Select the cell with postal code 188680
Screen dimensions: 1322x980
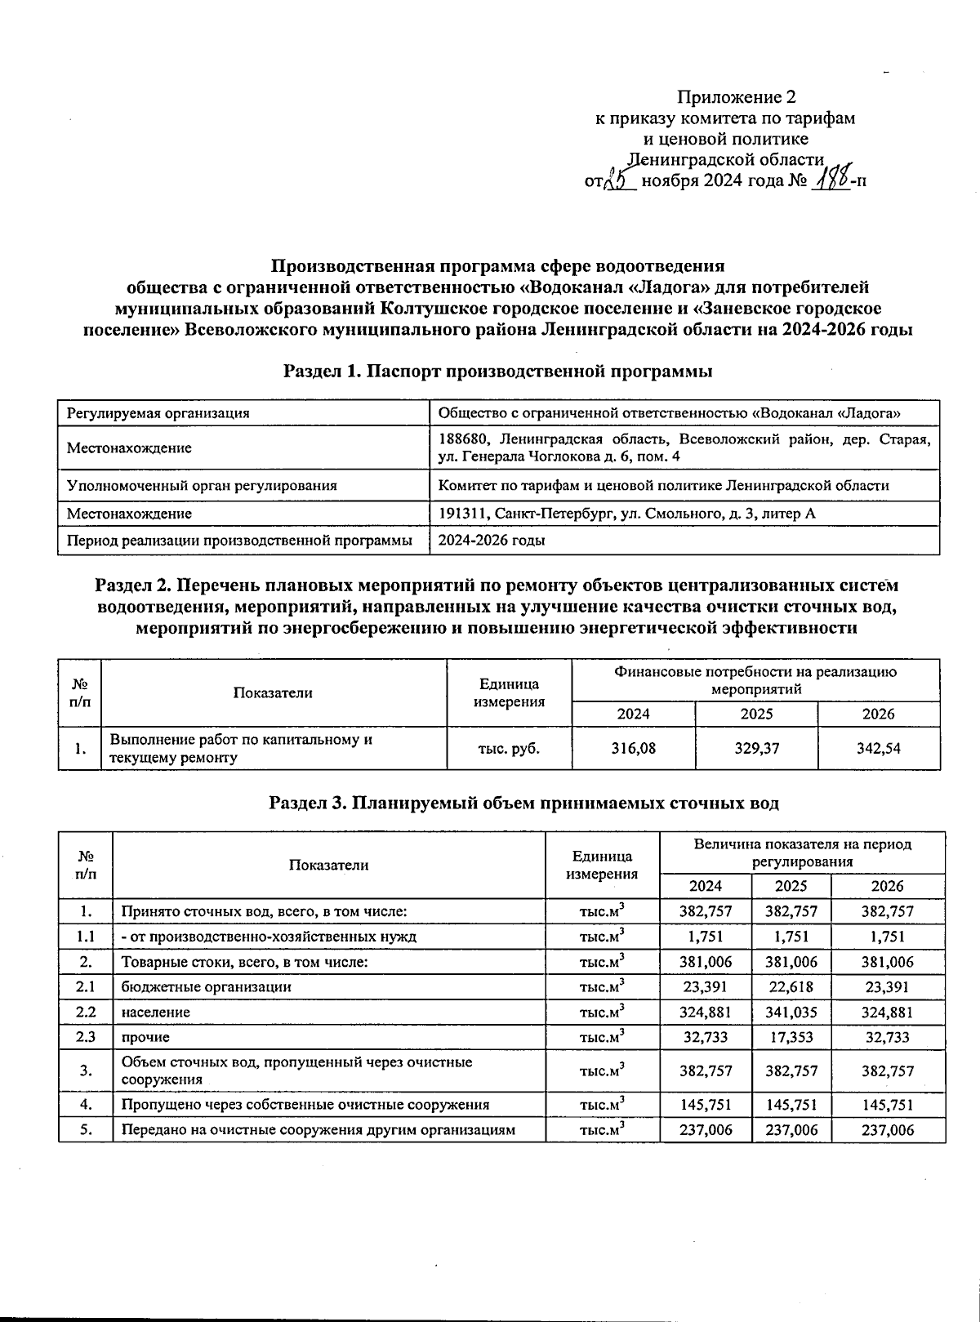tap(684, 447)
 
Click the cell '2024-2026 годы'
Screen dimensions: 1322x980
tap(492, 540)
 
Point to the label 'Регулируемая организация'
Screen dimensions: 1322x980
tap(158, 413)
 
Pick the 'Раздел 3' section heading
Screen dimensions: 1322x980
tap(523, 803)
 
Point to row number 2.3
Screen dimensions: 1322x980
tap(86, 1037)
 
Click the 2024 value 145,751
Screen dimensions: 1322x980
tap(706, 1104)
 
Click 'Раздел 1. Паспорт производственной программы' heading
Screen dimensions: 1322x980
tap(498, 372)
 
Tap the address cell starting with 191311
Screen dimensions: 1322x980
tap(626, 513)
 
